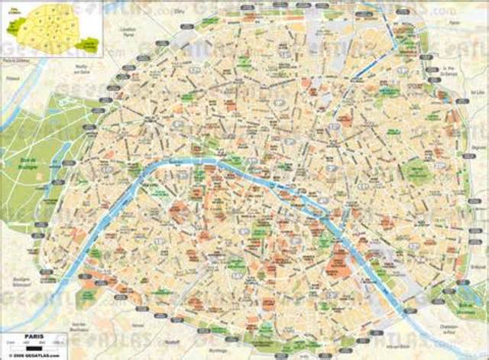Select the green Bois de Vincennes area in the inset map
click(x=90, y=45)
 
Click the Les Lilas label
click(x=468, y=100)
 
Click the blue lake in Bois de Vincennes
click(x=463, y=294)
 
